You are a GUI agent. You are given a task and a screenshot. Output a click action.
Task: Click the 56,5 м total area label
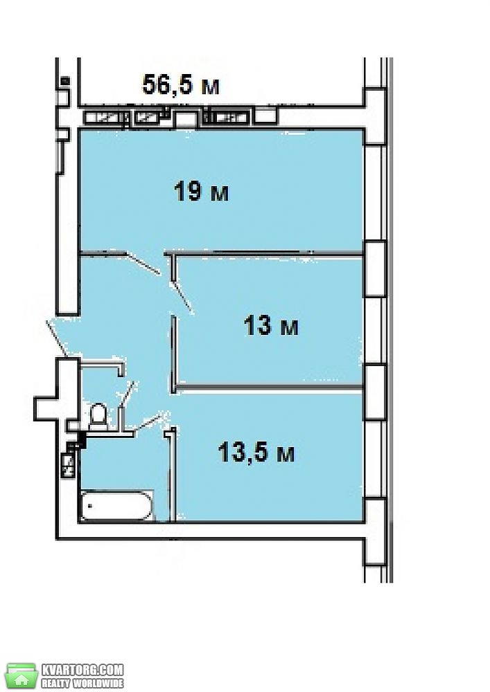(181, 84)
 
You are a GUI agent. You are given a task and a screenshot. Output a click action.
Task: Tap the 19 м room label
(202, 192)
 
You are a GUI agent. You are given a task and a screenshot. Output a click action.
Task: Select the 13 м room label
(271, 326)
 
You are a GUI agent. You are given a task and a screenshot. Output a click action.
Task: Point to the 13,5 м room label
(256, 453)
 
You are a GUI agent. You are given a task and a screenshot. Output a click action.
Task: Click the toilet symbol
(98, 416)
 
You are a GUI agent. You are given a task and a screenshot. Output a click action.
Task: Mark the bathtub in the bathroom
(116, 505)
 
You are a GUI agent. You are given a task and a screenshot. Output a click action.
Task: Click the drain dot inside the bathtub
(89, 506)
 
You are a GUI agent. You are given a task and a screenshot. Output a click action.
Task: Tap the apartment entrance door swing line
(57, 339)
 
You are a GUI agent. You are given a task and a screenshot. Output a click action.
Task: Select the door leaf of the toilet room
(128, 394)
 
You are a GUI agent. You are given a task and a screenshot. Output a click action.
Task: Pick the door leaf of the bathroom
(148, 421)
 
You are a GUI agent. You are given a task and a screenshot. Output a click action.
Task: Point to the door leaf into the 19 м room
(143, 264)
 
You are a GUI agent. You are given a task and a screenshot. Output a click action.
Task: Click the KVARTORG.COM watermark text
(82, 669)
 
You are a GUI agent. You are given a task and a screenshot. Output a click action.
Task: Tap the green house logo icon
(21, 675)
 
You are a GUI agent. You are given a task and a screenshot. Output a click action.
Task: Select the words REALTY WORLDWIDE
(82, 683)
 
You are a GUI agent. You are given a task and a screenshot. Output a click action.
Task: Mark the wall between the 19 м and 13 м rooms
(264, 254)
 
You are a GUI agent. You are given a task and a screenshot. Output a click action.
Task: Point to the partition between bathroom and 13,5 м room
(173, 475)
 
